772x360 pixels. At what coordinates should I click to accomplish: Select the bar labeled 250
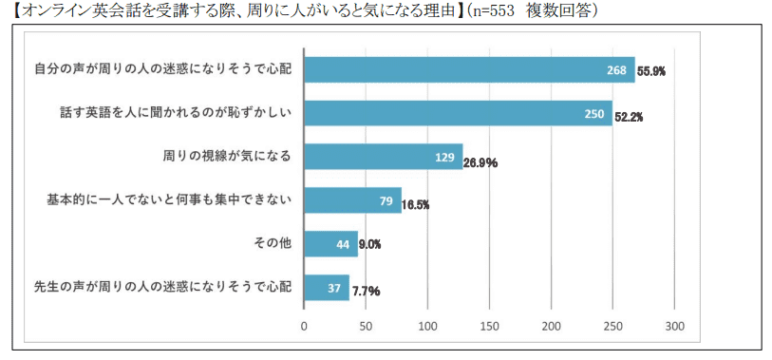tap(458, 113)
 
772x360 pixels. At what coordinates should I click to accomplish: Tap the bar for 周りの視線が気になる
tap(383, 157)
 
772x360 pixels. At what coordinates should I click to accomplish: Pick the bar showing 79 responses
tap(351, 200)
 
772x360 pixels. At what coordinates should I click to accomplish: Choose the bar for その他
tap(330, 244)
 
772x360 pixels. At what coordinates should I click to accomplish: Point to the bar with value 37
tap(326, 288)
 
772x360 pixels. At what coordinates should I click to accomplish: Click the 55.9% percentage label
tap(651, 71)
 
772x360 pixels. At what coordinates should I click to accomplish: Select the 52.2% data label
tap(629, 116)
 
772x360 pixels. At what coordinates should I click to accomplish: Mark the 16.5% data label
tap(416, 203)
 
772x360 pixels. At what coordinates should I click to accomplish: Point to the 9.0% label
tap(371, 245)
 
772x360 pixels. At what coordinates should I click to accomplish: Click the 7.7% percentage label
tap(366, 291)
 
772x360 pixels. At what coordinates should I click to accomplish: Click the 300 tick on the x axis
tap(674, 326)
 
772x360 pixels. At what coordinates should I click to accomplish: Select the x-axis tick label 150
tap(489, 326)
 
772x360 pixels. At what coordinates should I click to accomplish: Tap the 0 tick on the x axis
tap(304, 326)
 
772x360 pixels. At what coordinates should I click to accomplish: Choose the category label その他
tap(272, 244)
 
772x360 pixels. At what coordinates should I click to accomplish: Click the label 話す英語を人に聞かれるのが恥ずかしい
tap(175, 113)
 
